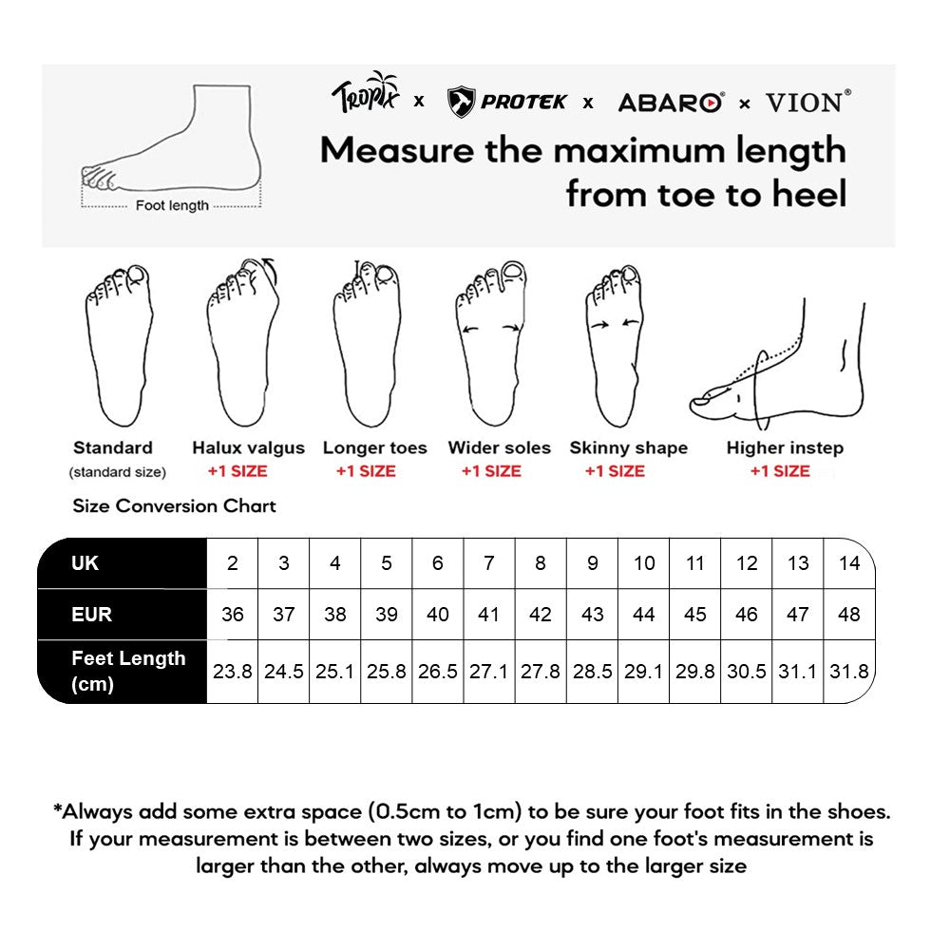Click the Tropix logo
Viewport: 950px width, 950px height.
(x=367, y=95)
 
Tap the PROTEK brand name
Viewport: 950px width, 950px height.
(x=522, y=102)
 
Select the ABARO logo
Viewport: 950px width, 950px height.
(x=671, y=103)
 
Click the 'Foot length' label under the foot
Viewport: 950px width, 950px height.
(x=172, y=205)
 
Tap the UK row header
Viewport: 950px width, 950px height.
(x=85, y=563)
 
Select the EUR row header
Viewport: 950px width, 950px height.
(x=91, y=615)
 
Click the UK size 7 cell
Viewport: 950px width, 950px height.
(x=488, y=563)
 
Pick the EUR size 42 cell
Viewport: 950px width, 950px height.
(x=540, y=615)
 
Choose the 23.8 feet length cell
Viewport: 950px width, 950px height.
(x=232, y=672)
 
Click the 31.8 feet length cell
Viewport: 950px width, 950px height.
(x=848, y=672)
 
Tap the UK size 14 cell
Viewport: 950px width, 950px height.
(x=848, y=563)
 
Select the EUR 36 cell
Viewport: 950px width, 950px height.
(x=232, y=615)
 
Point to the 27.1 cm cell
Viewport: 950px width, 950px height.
(x=488, y=672)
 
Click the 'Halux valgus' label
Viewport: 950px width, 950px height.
(x=248, y=447)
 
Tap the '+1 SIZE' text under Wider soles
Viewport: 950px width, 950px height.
(x=491, y=470)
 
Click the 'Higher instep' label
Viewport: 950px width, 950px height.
(x=785, y=447)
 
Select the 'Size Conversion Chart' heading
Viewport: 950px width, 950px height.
(x=174, y=505)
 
